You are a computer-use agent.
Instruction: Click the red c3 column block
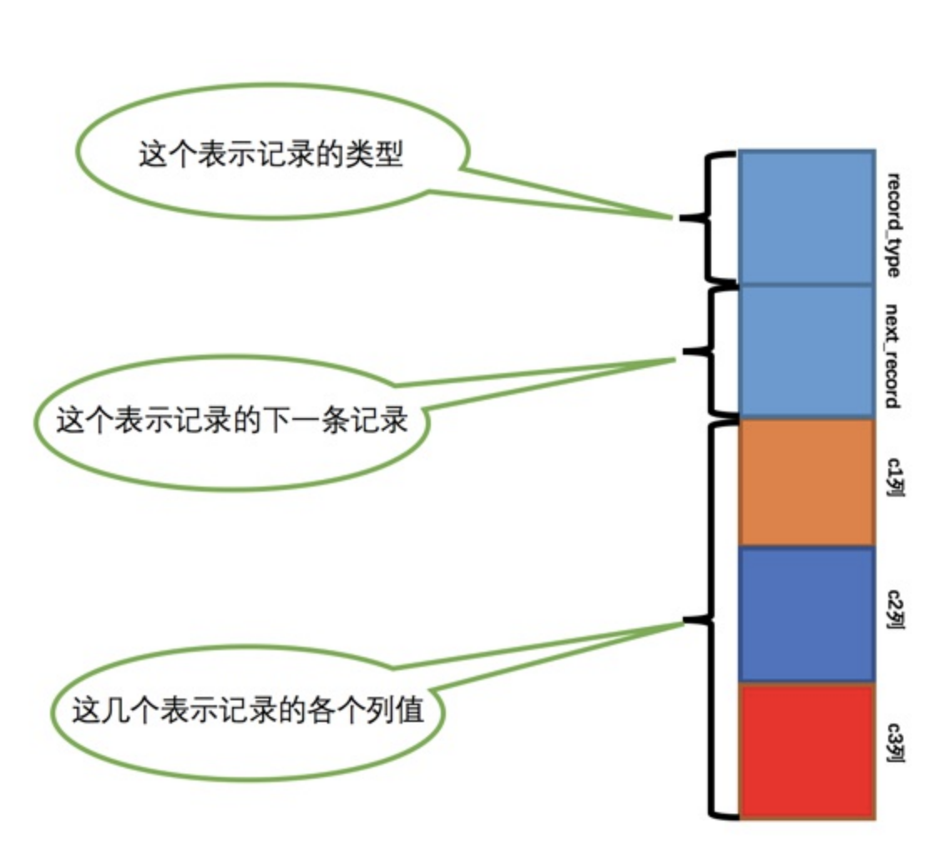[806, 750]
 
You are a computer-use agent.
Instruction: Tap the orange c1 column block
[806, 482]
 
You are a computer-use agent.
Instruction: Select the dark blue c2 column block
[806, 614]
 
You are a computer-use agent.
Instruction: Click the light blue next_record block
[806, 351]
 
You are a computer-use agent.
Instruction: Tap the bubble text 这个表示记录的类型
[270, 156]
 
